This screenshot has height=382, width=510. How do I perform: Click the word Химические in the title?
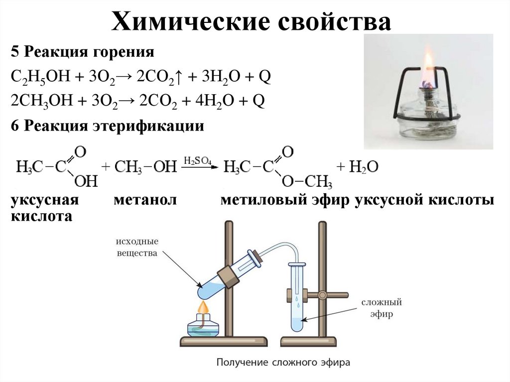[x=186, y=24]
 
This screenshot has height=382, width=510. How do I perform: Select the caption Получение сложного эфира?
[x=283, y=362]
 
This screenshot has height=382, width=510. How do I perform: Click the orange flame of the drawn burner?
[x=203, y=307]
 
